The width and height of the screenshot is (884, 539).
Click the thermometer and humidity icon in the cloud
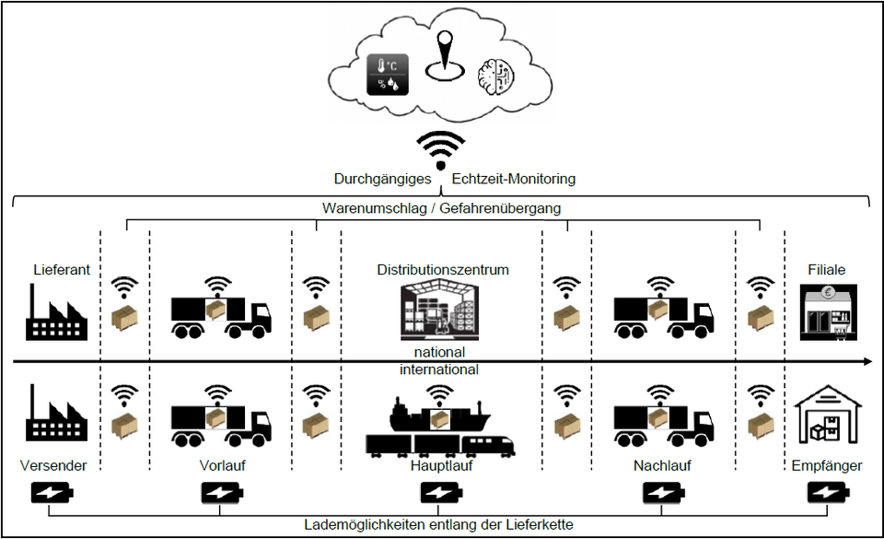388,75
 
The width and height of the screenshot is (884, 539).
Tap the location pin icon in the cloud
446,55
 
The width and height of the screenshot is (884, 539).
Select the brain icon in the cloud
496,76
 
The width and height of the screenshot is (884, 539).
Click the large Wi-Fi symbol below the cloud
441,150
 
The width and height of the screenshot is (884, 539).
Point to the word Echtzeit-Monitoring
514,179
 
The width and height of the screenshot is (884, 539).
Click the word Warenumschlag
375,208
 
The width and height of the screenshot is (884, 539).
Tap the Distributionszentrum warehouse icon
440,311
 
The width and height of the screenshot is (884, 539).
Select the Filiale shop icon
829,312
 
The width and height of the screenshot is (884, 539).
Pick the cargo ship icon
440,415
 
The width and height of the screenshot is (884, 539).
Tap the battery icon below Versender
52,493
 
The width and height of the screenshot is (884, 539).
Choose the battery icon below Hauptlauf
442,493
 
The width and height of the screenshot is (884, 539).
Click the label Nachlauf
662,465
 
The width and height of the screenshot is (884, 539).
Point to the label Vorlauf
222,465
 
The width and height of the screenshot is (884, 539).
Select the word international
439,369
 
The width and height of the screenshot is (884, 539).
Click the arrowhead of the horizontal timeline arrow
867,361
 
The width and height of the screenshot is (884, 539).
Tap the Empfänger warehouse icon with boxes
828,415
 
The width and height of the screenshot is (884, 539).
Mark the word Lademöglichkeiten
365,525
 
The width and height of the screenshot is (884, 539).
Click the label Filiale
827,269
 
